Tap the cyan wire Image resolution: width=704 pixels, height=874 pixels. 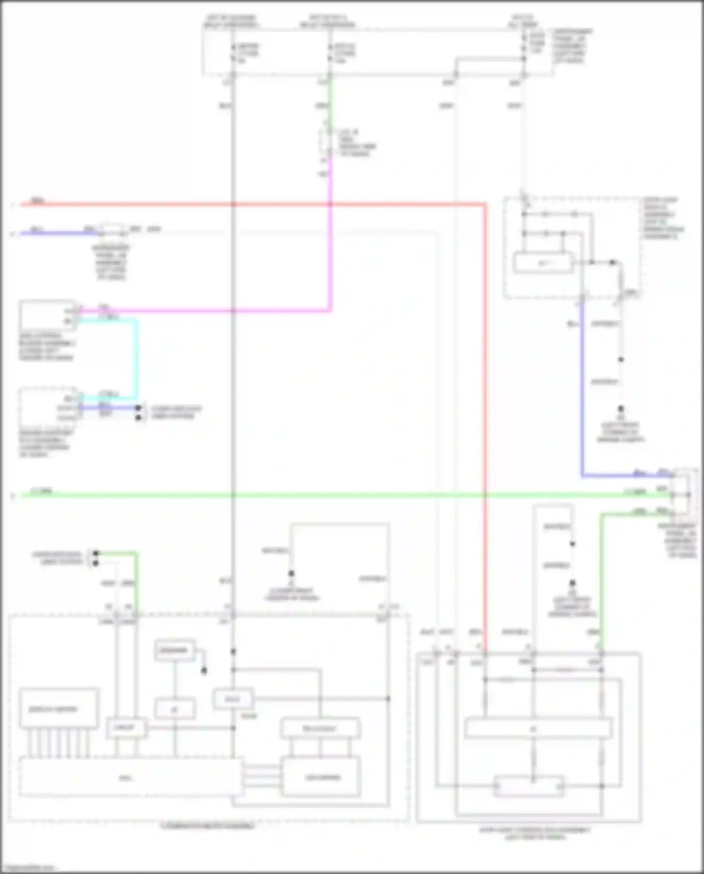[x=137, y=357]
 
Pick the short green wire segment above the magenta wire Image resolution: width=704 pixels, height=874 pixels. [x=330, y=103]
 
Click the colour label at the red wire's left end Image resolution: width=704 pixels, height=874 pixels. [x=38, y=201]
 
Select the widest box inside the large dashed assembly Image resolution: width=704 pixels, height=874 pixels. [x=130, y=778]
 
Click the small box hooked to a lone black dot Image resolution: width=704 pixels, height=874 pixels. [x=175, y=650]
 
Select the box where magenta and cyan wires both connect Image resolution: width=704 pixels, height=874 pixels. [x=47, y=315]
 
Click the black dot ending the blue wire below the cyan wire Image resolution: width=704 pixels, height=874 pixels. [x=138, y=408]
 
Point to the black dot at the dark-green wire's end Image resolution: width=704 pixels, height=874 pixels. [x=96, y=553]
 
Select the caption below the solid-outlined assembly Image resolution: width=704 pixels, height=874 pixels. [x=535, y=833]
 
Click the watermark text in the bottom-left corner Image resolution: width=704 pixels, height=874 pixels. [x=28, y=868]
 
